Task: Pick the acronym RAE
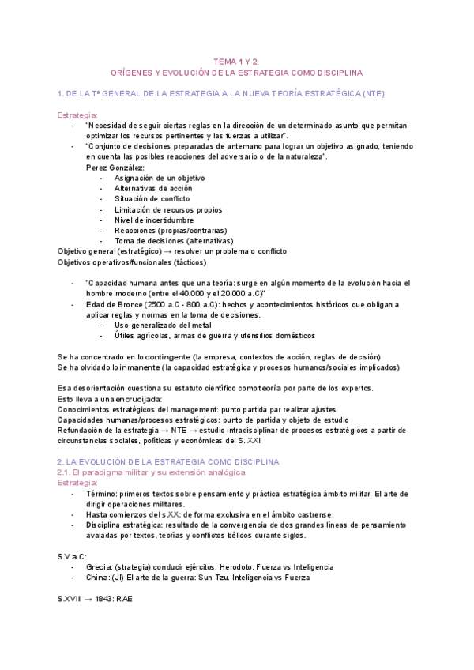click(126, 599)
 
